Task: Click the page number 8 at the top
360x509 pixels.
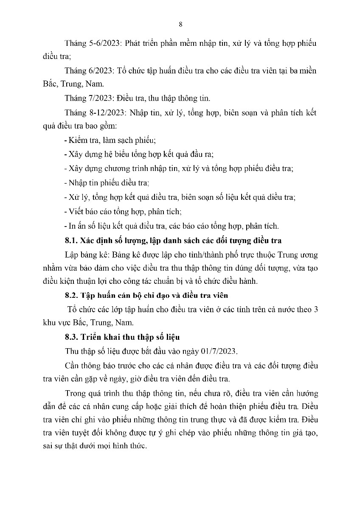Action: pyautogui.click(x=180, y=24)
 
